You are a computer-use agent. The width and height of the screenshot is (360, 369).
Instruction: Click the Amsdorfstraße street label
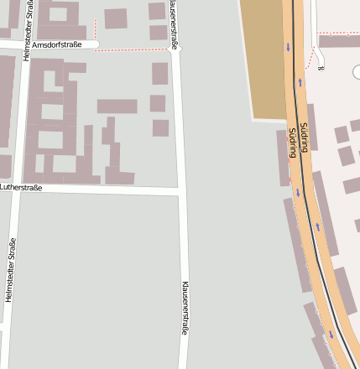pyautogui.click(x=59, y=44)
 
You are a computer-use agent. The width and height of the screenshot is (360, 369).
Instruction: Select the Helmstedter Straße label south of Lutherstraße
pyautogui.click(x=11, y=269)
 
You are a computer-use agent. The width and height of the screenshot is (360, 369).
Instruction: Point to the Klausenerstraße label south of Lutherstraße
pyautogui.click(x=185, y=308)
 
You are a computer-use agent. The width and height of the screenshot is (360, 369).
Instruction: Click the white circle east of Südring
pyautogui.click(x=357, y=72)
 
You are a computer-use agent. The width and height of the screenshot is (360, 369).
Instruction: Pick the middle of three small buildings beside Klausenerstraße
pyautogui.click(x=158, y=103)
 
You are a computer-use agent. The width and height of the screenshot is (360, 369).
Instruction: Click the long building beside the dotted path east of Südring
pyautogui.click(x=339, y=41)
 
